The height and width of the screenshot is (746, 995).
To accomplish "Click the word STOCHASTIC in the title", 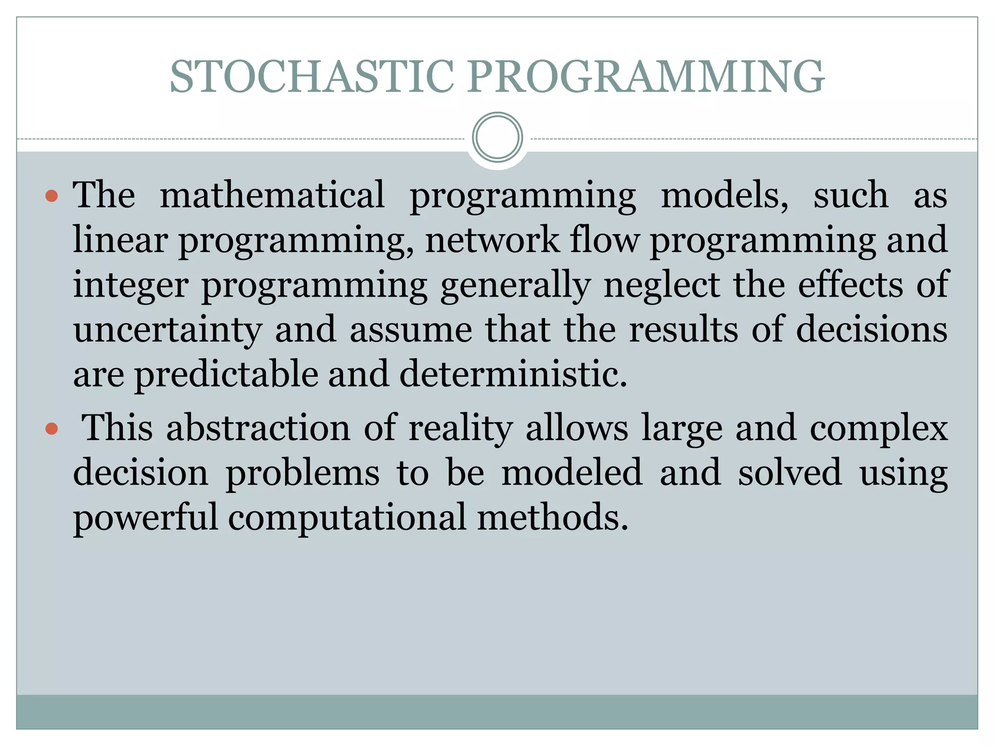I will [312, 77].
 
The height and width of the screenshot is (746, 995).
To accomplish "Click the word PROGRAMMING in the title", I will [646, 77].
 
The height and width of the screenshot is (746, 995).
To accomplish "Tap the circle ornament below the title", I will [497, 137].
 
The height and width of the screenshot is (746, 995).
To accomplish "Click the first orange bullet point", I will [51, 196].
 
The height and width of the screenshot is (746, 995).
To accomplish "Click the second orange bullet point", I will [51, 429].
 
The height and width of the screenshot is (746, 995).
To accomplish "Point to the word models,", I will [724, 195].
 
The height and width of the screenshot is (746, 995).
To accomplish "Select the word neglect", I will [662, 286].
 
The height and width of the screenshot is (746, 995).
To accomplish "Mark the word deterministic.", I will [513, 375].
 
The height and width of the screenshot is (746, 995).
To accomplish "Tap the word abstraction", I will [258, 428].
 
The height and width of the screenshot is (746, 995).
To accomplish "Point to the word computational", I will [347, 518].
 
